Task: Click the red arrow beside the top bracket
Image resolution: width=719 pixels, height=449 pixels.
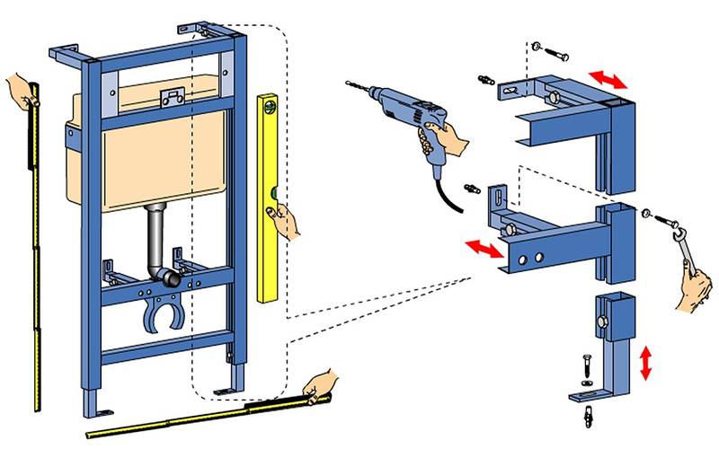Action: click(x=608, y=80)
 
